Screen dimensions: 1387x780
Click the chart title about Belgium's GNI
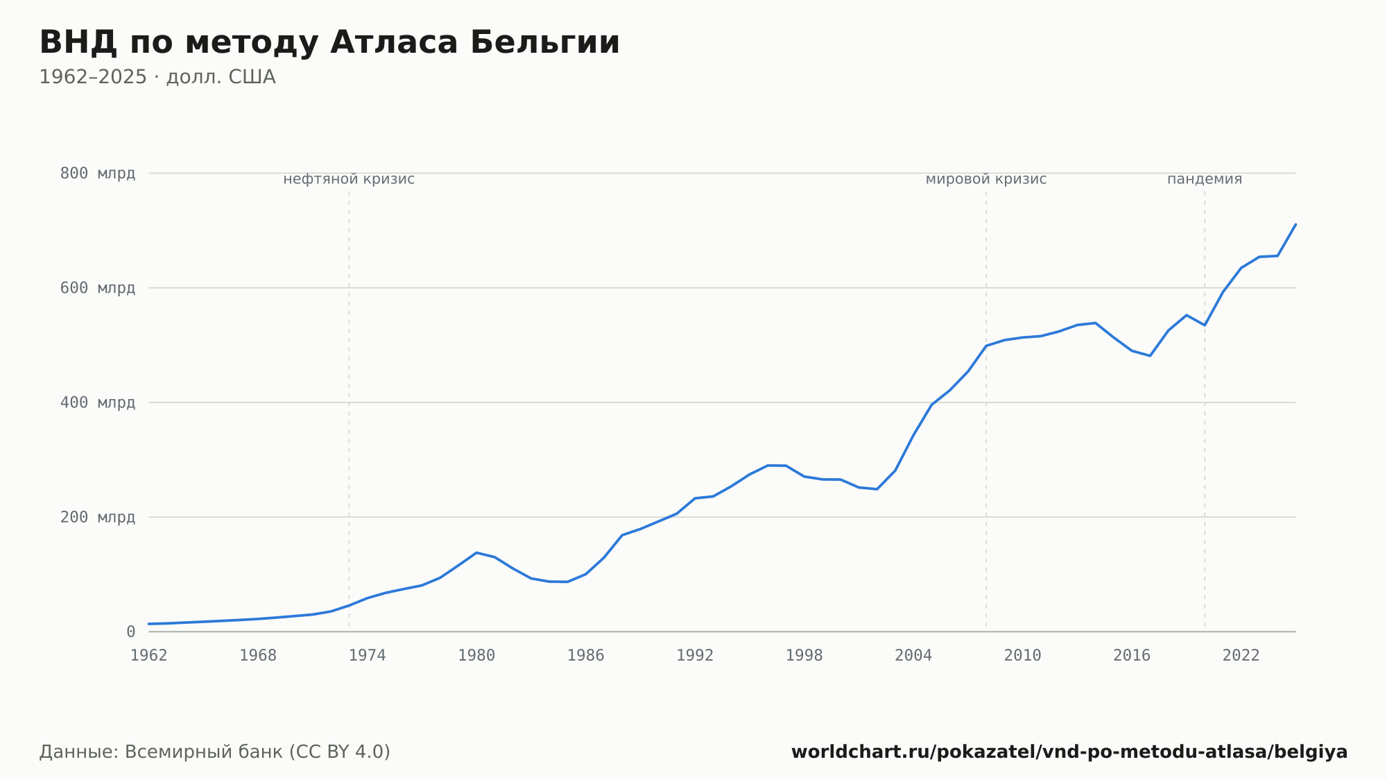pos(329,42)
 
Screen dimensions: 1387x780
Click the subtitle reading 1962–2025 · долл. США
pos(157,77)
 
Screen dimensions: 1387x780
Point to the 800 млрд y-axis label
pos(98,173)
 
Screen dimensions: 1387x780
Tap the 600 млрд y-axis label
pos(98,288)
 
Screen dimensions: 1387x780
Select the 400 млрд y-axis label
pos(98,402)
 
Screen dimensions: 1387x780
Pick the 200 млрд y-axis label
pos(98,517)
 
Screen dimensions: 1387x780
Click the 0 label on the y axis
pos(130,631)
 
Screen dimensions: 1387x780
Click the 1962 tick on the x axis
pos(149,656)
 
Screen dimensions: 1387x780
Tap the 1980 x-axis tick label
pos(476,656)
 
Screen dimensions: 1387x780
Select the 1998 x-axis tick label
pos(804,656)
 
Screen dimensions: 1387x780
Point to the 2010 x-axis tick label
pos(1023,656)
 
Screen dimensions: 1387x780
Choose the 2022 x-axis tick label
pos(1241,656)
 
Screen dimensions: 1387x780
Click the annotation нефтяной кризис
pos(349,179)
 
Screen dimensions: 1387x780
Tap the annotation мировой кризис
pos(986,179)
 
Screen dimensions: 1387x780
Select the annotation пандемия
pos(1205,179)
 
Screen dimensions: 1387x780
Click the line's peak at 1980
pos(476,552)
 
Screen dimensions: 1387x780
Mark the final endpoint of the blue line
pos(1295,224)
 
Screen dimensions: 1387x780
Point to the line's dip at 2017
pos(1150,356)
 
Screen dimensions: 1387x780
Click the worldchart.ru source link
pos(1069,752)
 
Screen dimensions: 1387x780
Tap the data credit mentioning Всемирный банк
pos(215,752)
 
